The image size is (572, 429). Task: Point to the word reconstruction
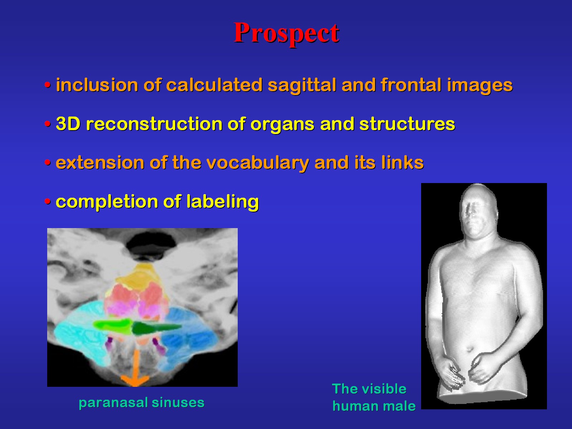click(154, 124)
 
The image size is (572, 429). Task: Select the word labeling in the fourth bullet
click(223, 202)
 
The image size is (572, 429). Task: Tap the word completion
click(106, 202)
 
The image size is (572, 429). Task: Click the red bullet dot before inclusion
click(48, 85)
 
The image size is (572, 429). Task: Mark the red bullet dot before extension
click(48, 163)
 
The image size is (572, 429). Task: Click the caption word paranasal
click(113, 403)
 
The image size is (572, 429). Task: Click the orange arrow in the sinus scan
click(135, 368)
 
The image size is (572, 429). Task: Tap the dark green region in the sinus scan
click(154, 328)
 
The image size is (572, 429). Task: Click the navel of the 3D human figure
click(469, 349)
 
